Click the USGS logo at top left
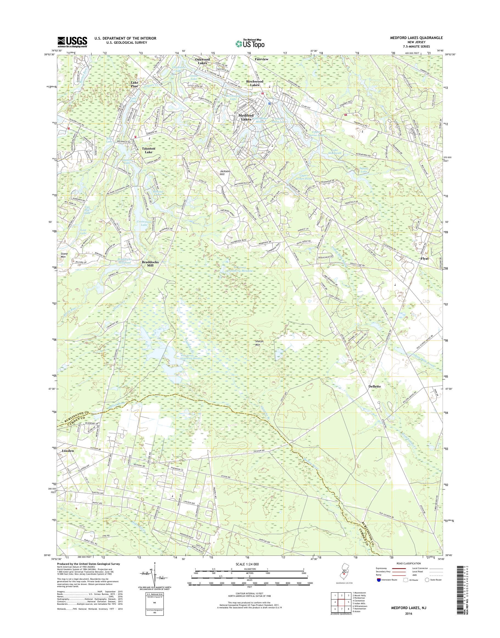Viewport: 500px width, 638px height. point(72,42)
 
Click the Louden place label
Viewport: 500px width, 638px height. point(68,450)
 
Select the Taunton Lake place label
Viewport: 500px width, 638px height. point(148,150)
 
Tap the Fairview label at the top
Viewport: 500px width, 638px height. point(262,59)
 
